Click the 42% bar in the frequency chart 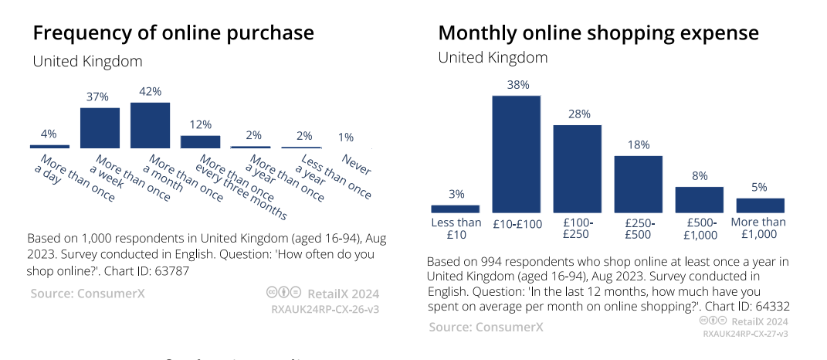click(x=150, y=124)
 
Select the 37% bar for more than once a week click(x=100, y=127)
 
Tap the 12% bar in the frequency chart click(x=200, y=141)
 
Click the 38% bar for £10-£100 click(x=517, y=154)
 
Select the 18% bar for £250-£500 click(x=638, y=184)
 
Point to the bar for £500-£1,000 click(x=699, y=199)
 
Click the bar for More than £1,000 click(x=760, y=205)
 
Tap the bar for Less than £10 click(x=455, y=209)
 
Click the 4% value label click(x=49, y=134)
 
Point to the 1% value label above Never click(x=345, y=137)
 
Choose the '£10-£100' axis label click(x=517, y=224)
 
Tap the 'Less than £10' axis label click(x=455, y=229)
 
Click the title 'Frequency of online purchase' click(x=173, y=33)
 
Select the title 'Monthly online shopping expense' click(x=598, y=33)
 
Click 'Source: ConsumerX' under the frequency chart click(x=87, y=294)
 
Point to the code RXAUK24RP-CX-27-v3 click(x=745, y=334)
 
